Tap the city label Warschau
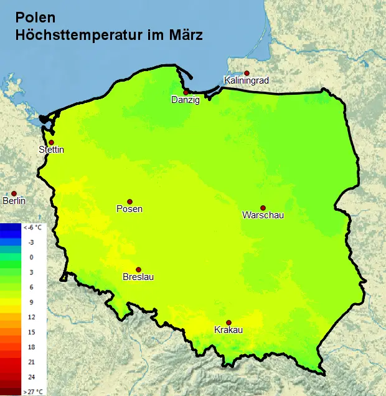click(263, 216)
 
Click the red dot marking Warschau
click(263, 208)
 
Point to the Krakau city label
click(228, 330)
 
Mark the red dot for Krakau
click(228, 322)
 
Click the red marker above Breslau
click(138, 269)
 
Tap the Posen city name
click(129, 209)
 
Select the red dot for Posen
click(129, 201)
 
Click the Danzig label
click(186, 100)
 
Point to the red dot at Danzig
click(186, 92)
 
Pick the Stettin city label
click(51, 150)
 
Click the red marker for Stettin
click(51, 142)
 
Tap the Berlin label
click(14, 201)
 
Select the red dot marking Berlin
click(14, 193)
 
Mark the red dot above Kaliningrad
click(247, 73)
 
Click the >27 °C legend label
click(32, 391)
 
